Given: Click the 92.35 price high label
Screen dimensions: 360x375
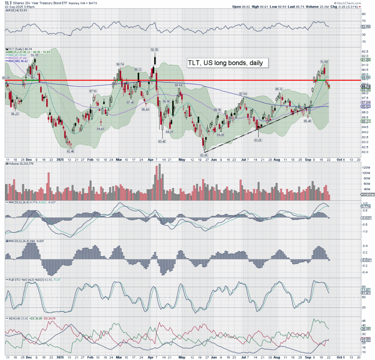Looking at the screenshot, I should coord(154,49).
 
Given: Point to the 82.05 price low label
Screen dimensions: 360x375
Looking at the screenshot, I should coord(204,155).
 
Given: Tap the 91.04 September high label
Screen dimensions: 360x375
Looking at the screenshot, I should coord(324,62).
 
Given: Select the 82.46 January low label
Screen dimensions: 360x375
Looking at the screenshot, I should coord(70,151).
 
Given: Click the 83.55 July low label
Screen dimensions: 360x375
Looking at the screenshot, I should coord(258,140).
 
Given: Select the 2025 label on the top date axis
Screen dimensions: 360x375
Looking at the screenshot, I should coord(61,160).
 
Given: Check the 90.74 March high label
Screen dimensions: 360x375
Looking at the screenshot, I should coord(119,64).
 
